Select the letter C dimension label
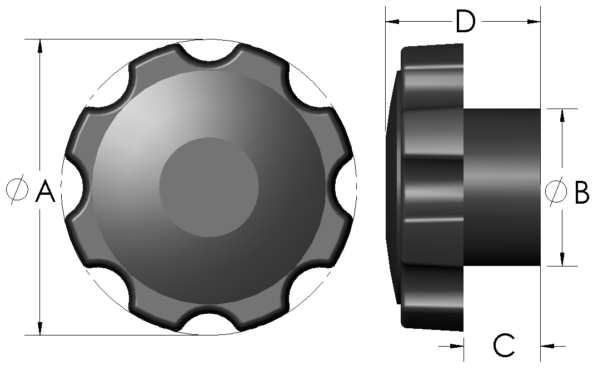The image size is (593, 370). click(505, 346)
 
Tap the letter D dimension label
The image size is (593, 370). click(466, 22)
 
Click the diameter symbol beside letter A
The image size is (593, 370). click(17, 190)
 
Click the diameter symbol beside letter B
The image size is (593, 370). click(555, 191)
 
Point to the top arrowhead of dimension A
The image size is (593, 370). click(39, 47)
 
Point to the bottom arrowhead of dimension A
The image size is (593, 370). click(39, 328)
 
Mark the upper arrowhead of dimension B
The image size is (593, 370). click(562, 115)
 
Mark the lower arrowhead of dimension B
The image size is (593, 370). click(562, 259)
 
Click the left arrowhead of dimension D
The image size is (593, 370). click(392, 22)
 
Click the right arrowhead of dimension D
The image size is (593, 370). click(534, 22)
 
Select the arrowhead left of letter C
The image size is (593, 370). click(457, 346)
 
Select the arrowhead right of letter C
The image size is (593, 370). click(547, 346)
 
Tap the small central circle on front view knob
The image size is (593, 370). click(209, 187)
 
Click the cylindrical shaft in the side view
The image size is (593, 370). click(501, 187)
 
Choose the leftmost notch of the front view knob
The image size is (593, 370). click(72, 187)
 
